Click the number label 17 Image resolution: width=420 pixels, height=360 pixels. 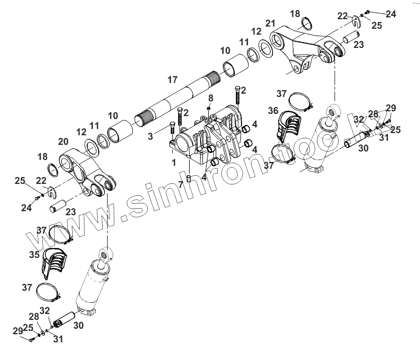[172, 79]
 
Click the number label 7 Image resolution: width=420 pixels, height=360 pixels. [181, 184]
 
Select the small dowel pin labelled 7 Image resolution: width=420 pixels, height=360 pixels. [210, 98]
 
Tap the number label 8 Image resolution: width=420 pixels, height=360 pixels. [210, 98]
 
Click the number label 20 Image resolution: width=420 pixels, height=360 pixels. [63, 142]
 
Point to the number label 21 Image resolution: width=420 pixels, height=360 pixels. [270, 24]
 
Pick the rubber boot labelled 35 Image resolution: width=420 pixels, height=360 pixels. [53, 262]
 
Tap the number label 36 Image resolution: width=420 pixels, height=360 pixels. [273, 110]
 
